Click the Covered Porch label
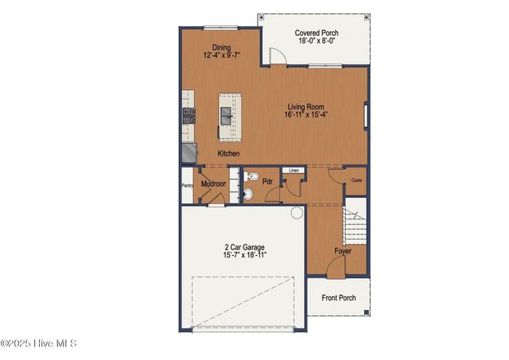[x=317, y=33]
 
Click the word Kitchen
[x=229, y=153]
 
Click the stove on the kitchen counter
[x=189, y=115]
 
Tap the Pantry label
[x=187, y=186]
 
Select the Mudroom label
[x=213, y=184]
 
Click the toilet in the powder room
[x=251, y=176]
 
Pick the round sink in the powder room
[x=248, y=192]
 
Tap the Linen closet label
[x=293, y=170]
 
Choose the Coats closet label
[x=356, y=180]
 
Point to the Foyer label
[x=343, y=251]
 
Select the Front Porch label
[x=339, y=298]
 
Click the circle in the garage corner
[x=297, y=212]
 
